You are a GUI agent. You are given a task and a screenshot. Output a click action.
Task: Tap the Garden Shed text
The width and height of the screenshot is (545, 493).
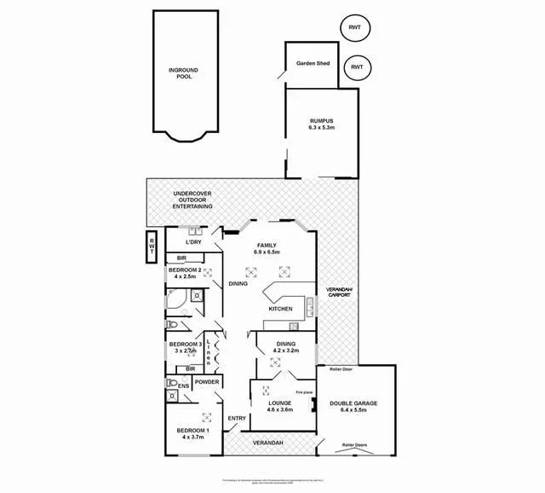(312, 64)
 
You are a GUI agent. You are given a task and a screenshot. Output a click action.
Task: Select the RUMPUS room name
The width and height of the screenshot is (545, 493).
(321, 120)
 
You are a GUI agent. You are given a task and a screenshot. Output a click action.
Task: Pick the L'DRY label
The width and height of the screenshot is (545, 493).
(192, 242)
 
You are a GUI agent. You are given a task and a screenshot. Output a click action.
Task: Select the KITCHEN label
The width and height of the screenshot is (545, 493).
(281, 309)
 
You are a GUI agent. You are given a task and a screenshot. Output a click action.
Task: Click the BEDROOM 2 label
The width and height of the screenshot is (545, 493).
(185, 270)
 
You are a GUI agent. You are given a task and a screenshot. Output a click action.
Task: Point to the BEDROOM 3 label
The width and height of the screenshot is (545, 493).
(185, 344)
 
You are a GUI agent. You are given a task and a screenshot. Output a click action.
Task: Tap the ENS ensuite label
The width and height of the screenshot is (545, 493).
(184, 386)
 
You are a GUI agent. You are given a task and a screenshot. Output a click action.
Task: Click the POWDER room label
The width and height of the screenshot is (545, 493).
(208, 382)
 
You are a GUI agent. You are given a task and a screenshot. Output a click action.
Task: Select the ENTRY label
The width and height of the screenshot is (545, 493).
(237, 417)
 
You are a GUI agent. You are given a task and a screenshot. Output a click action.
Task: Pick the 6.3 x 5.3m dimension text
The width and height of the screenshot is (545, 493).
(321, 127)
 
